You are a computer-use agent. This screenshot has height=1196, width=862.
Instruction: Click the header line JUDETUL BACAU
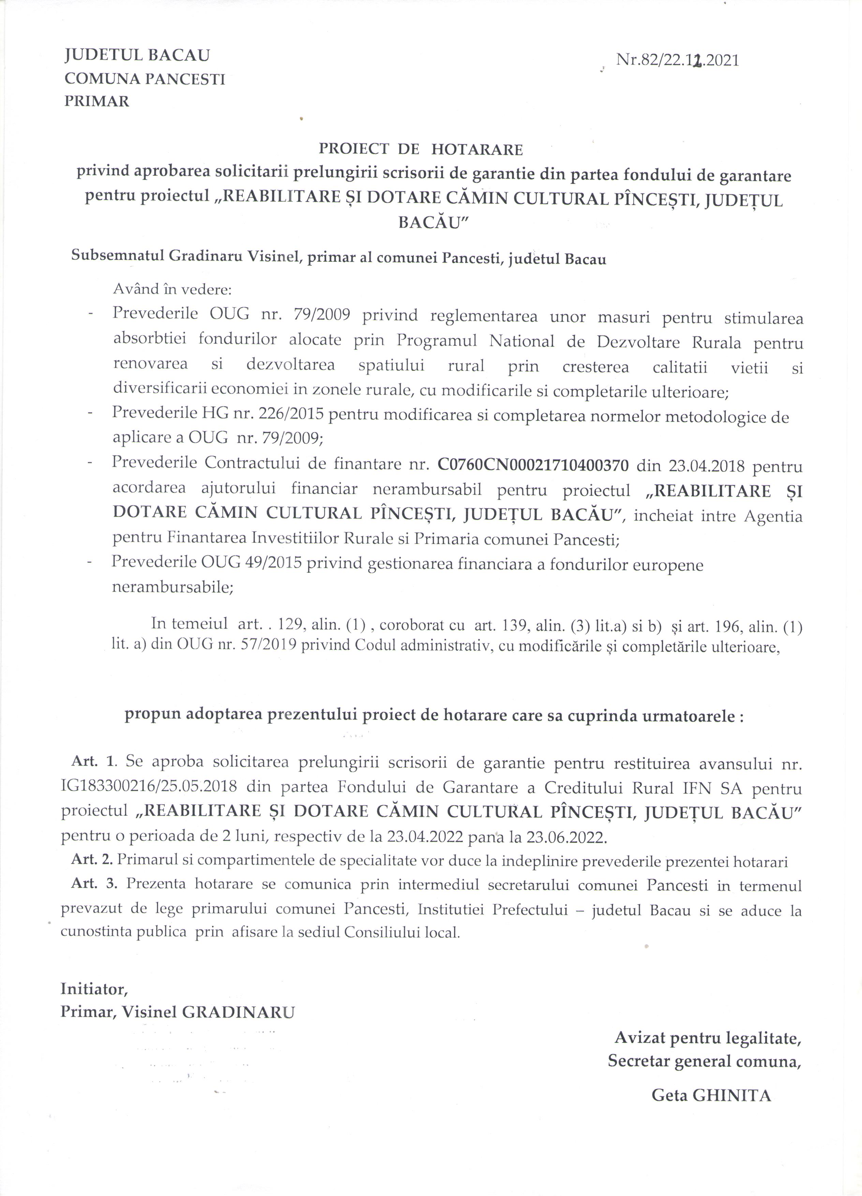click(x=137, y=55)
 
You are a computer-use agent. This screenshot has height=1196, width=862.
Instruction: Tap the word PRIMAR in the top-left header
click(x=96, y=101)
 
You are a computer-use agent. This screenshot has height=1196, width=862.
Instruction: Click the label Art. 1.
click(x=93, y=762)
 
